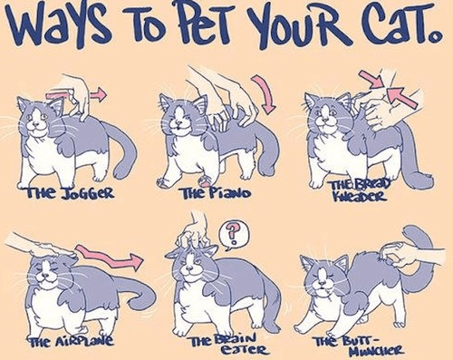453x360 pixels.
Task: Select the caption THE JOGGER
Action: [x=71, y=192]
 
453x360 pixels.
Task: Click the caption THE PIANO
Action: [x=216, y=192]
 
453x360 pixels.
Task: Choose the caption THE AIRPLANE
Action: [x=71, y=341]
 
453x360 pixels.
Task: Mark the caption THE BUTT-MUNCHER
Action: [x=359, y=346]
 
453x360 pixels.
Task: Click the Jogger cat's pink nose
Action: [x=36, y=123]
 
